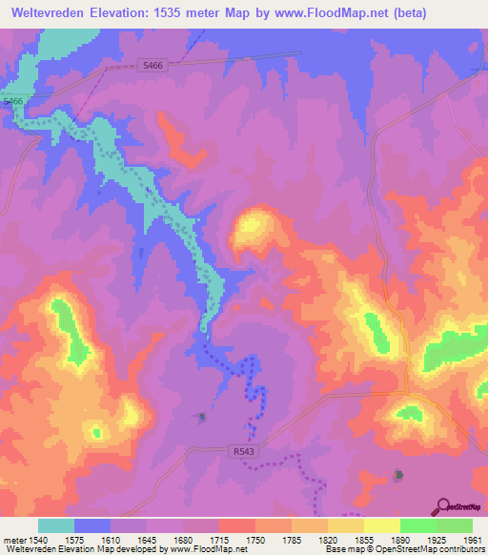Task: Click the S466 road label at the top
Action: tap(151, 66)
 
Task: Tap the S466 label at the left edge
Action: tap(12, 101)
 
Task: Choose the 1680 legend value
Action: tap(185, 539)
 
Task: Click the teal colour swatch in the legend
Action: tap(56, 525)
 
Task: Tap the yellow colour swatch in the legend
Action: tap(381, 525)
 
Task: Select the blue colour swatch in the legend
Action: tap(92, 525)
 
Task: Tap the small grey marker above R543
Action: tap(200, 416)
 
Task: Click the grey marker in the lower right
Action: tap(398, 474)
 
